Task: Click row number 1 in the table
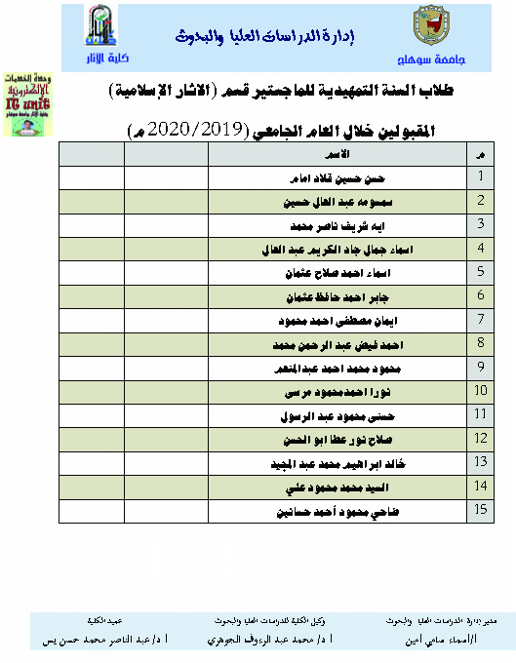pos(480,176)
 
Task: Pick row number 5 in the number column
pos(480,272)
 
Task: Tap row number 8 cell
pos(480,343)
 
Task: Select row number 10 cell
pos(480,391)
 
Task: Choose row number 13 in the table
pos(480,462)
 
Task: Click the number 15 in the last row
pos(480,510)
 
